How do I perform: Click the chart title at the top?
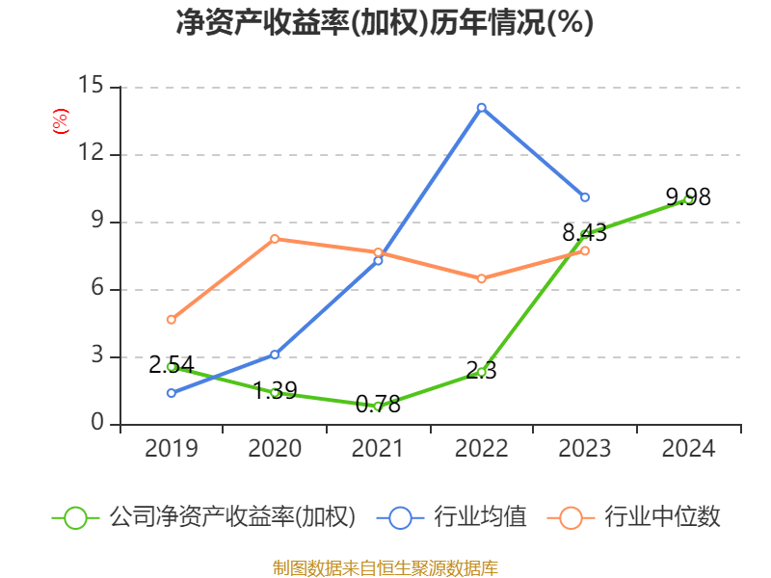pos(385,22)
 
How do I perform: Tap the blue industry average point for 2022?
pos(481,108)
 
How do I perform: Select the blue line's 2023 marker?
pos(585,197)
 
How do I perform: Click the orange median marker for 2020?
pos(275,239)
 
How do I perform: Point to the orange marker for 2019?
pos(172,320)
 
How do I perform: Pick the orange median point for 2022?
pos(481,278)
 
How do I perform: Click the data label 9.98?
pos(688,197)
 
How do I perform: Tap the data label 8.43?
pos(585,232)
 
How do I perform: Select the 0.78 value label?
pos(378,405)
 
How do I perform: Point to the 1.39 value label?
pos(275,391)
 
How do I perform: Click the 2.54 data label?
pos(172,365)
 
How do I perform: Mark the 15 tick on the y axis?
pos(91,85)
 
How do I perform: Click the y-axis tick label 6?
pos(97,287)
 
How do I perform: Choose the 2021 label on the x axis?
pos(378,448)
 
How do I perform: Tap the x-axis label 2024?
pos(688,448)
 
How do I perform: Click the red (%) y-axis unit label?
pos(61,121)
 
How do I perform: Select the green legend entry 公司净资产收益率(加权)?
pos(203,517)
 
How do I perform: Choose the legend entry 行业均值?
pos(451,517)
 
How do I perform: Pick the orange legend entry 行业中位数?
pos(633,517)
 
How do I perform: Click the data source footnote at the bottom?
pos(385,568)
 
